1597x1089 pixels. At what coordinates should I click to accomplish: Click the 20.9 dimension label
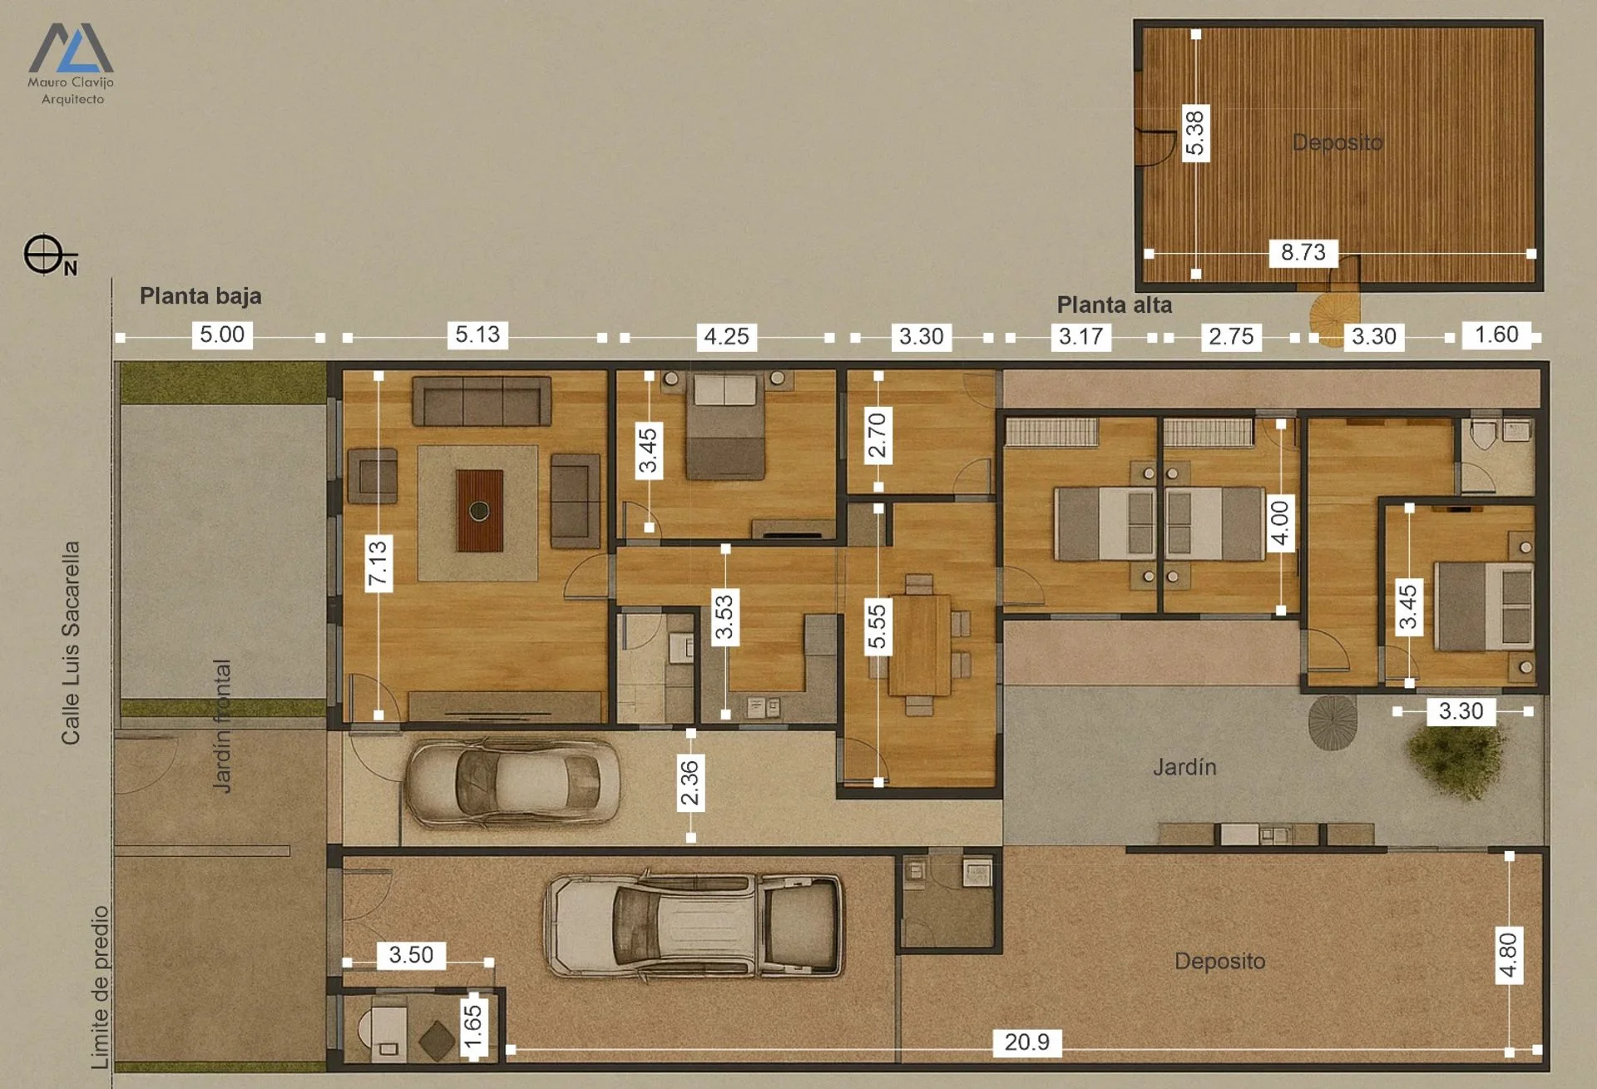(x=1027, y=1042)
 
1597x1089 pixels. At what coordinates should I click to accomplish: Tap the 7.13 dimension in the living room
(x=378, y=565)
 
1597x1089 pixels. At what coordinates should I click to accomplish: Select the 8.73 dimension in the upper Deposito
(x=1303, y=252)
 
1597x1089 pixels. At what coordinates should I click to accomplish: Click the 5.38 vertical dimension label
(x=1195, y=133)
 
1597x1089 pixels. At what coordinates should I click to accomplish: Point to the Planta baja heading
(x=200, y=296)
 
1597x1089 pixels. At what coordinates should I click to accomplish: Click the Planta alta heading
(x=1115, y=305)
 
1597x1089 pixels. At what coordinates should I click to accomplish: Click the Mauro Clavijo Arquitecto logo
(x=71, y=64)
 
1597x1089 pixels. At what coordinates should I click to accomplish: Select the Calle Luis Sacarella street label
(x=71, y=643)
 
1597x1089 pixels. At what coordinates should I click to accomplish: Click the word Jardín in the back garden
(x=1184, y=766)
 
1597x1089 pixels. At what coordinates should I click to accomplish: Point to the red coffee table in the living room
(x=479, y=511)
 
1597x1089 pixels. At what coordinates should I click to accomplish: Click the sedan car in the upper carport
(x=512, y=782)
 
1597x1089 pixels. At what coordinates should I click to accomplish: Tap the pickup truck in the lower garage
(x=694, y=924)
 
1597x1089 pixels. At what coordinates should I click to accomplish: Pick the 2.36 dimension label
(x=690, y=782)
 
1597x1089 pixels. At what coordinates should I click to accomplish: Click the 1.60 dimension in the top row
(x=1496, y=334)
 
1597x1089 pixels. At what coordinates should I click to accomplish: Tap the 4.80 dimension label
(x=1508, y=956)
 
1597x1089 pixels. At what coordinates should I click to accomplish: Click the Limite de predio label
(x=100, y=987)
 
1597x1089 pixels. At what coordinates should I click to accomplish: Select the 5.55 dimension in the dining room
(x=878, y=626)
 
